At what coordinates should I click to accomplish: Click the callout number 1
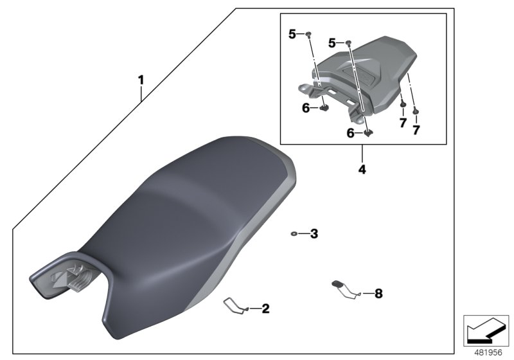point(141,81)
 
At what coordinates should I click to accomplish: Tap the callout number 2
point(265,309)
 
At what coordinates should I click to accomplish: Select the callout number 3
point(314,234)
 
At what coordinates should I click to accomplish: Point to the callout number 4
point(362,170)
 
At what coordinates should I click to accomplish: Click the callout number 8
point(378,294)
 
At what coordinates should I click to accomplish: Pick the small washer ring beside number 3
point(293,234)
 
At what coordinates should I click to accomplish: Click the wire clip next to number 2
point(235,305)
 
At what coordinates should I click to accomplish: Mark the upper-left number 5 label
point(292,35)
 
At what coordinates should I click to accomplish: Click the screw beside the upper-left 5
point(309,34)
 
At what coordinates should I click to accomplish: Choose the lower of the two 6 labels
point(351,133)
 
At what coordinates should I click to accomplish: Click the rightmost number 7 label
point(416,130)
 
